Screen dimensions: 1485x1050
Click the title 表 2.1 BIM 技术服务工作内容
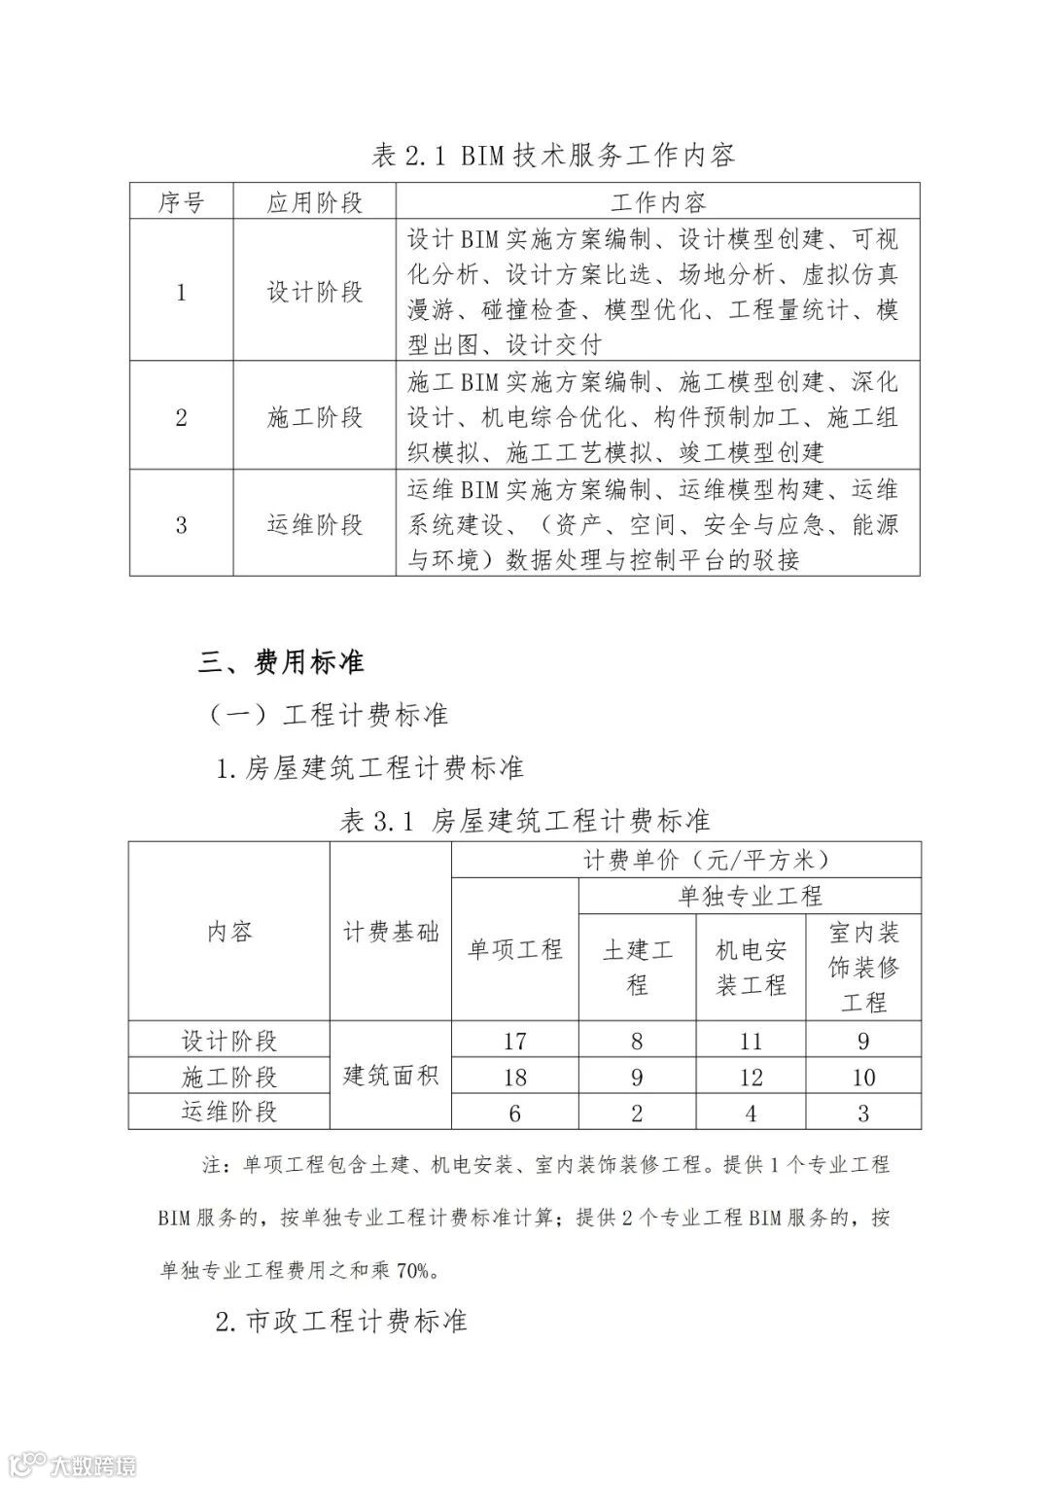(553, 155)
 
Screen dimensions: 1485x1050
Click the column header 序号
(181, 202)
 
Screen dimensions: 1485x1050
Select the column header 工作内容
(657, 202)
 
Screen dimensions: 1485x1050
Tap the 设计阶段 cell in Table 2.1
(314, 292)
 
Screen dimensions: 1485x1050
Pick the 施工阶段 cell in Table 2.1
(314, 417)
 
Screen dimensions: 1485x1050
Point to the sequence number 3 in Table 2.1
(181, 525)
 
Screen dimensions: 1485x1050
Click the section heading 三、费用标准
(281, 662)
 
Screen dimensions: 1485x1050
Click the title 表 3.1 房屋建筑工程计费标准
(525, 820)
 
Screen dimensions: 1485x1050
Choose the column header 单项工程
(515, 949)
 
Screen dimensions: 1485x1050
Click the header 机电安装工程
(751, 967)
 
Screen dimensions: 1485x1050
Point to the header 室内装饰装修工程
(863, 967)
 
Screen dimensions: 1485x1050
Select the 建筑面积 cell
(391, 1075)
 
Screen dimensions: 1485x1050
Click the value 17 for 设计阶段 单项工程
(515, 1042)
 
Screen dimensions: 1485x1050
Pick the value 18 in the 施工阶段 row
(515, 1077)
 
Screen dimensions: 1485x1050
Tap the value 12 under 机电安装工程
(751, 1077)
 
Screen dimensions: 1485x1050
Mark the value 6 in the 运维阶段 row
(515, 1113)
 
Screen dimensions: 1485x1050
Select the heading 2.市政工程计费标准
(341, 1321)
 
